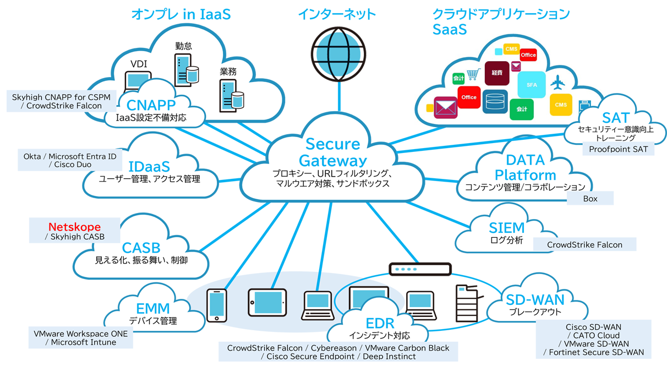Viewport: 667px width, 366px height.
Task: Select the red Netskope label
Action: coord(75,226)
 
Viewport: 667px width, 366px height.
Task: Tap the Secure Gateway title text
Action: coord(333,152)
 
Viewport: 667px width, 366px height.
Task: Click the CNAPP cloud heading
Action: coord(151,105)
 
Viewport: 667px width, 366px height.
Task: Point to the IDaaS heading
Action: coord(149,166)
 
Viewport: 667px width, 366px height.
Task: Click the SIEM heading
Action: coord(506,228)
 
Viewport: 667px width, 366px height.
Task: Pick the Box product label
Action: coord(590,199)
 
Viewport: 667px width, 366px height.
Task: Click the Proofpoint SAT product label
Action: coord(618,149)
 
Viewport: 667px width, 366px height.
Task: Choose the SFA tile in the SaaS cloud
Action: coord(531,85)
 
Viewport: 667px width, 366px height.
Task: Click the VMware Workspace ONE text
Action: coord(80,334)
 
